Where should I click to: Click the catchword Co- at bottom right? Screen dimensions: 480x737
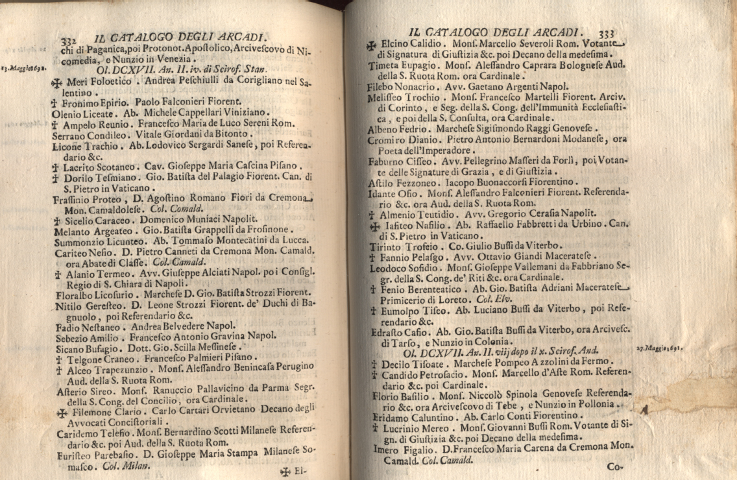(614, 466)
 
